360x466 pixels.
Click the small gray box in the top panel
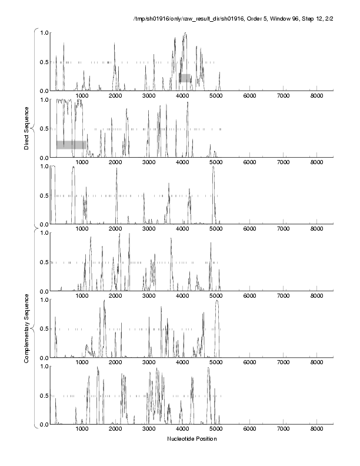tap(185, 78)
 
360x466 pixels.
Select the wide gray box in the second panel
tap(71, 145)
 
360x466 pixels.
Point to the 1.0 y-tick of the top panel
tap(44, 32)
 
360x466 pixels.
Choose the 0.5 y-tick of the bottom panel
tap(44, 395)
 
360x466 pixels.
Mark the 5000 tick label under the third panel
tap(216, 229)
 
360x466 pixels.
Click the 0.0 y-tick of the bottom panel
tap(44, 424)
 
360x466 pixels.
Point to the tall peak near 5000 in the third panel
tap(214, 168)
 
